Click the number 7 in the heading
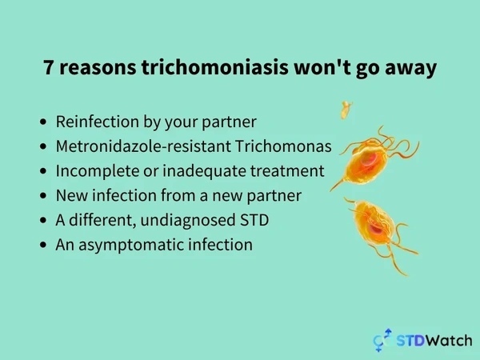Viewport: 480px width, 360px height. (49, 67)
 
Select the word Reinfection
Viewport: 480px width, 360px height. (97, 122)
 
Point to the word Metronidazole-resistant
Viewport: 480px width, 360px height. (143, 146)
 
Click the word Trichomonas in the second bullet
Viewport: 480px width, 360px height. (283, 146)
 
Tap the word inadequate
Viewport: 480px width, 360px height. (204, 171)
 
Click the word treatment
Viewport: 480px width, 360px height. (287, 171)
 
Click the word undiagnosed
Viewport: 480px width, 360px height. (188, 221)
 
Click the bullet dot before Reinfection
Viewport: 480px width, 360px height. (43, 122)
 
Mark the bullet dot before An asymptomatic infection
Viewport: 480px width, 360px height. (43, 245)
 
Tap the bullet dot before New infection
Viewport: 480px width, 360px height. (43, 195)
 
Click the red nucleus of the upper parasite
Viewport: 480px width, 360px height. (368, 159)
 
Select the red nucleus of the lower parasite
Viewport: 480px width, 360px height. (376, 229)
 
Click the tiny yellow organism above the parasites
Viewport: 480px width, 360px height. (346, 110)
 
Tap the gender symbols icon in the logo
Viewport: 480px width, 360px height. (382, 340)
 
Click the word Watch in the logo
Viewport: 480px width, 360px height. (449, 341)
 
